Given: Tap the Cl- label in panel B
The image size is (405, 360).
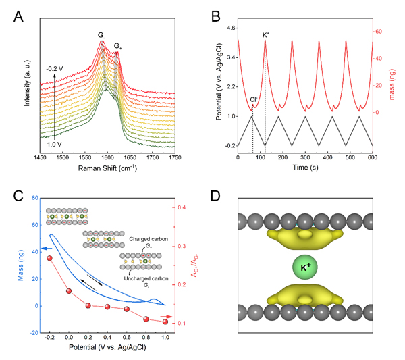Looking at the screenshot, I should click(x=253, y=100).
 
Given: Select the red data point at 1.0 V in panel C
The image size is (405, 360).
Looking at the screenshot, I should click(x=165, y=322).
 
